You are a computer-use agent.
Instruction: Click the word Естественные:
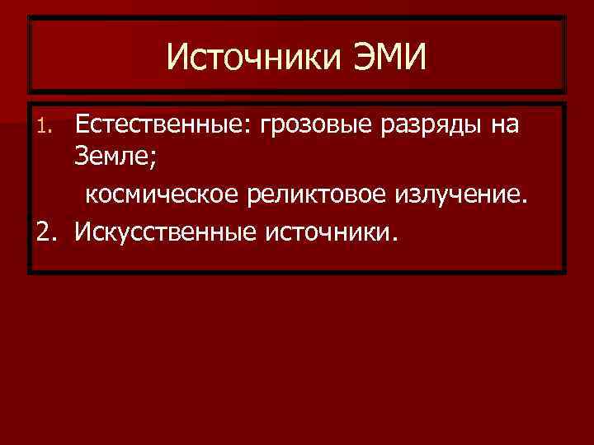(x=163, y=125)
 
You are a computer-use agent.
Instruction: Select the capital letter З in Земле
(x=81, y=157)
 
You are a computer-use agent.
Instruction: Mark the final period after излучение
(x=521, y=200)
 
